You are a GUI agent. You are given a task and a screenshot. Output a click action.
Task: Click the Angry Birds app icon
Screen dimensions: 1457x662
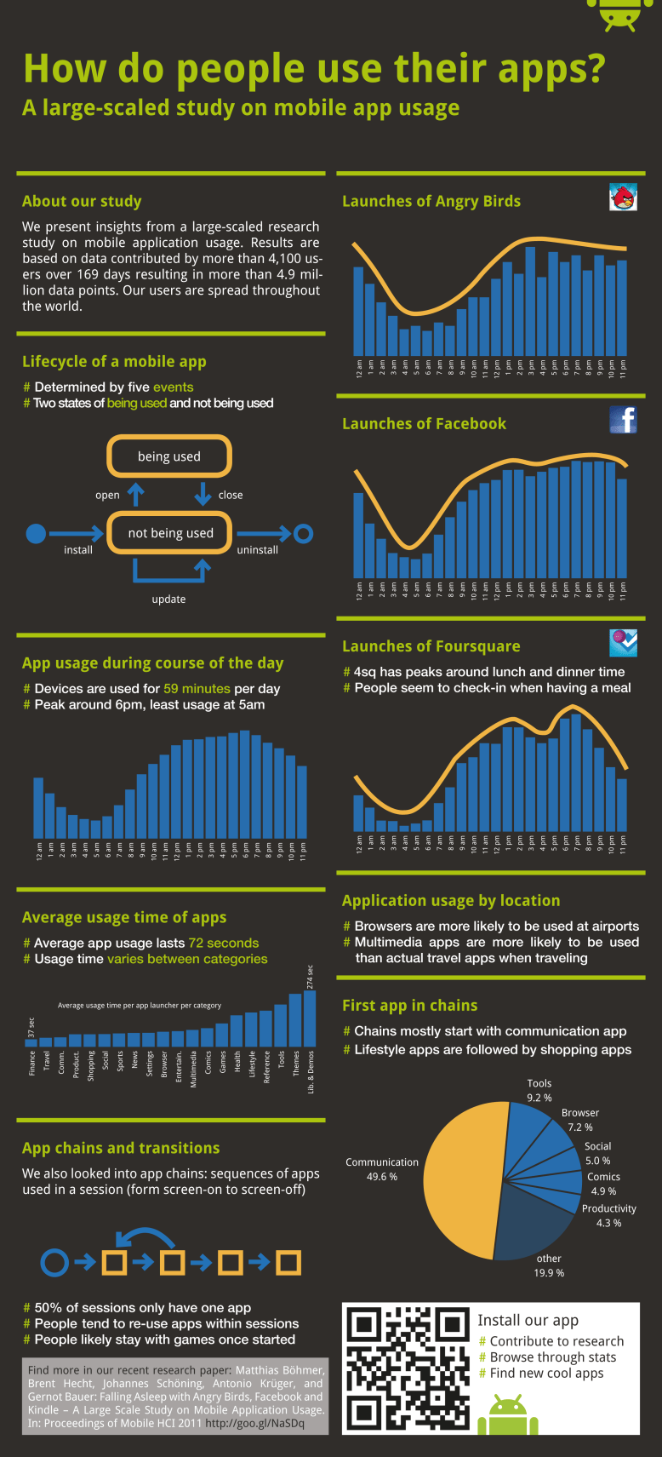pyautogui.click(x=623, y=197)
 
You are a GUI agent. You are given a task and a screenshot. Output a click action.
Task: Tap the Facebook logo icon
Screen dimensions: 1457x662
pyautogui.click(x=623, y=419)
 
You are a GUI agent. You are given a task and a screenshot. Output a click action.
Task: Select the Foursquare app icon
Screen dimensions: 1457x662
pyautogui.click(x=623, y=643)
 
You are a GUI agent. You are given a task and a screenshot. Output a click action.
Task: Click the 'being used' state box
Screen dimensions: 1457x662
pyautogui.click(x=169, y=456)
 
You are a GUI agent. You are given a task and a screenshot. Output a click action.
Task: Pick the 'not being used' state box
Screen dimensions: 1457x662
pyautogui.click(x=170, y=533)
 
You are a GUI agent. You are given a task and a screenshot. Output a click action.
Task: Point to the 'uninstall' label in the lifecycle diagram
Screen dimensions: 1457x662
pyautogui.click(x=257, y=550)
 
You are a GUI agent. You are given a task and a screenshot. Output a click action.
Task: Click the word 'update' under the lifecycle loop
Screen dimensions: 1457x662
pyautogui.click(x=168, y=599)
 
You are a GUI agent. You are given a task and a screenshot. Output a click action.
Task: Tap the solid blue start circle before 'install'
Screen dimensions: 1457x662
pyautogui.click(x=36, y=534)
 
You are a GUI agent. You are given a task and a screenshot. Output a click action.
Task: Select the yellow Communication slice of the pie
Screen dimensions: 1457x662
pyautogui.click(x=459, y=1179)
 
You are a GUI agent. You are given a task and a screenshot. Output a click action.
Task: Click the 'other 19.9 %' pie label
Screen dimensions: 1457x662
pyautogui.click(x=549, y=1265)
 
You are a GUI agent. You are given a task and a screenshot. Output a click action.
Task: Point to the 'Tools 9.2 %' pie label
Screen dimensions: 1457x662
pyautogui.click(x=539, y=1091)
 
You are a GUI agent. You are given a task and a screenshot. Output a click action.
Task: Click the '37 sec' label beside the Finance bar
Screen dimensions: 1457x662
pyautogui.click(x=31, y=1027)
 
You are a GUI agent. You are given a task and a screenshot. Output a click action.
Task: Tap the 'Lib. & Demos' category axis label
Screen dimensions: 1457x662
pyautogui.click(x=311, y=1073)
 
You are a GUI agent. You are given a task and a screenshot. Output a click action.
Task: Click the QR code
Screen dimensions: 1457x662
pyautogui.click(x=407, y=1368)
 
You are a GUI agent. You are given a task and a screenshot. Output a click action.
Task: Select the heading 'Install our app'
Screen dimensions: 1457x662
pyautogui.click(x=528, y=1320)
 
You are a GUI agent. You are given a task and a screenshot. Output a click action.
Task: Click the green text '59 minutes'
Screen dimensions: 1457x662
pyautogui.click(x=197, y=688)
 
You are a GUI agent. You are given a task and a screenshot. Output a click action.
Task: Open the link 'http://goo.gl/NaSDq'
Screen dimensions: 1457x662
pyautogui.click(x=254, y=1423)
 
